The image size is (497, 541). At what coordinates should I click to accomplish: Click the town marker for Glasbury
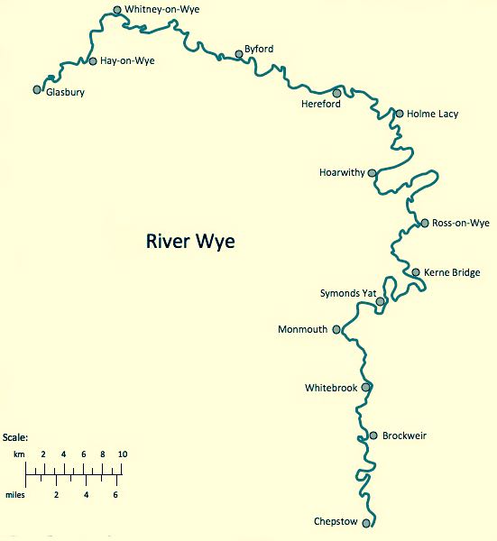tap(37, 89)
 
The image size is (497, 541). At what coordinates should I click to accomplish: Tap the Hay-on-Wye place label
tap(127, 62)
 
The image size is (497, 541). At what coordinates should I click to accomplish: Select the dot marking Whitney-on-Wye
tap(117, 11)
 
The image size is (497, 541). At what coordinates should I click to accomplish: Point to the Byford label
tap(259, 49)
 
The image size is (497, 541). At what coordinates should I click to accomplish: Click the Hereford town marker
tap(336, 93)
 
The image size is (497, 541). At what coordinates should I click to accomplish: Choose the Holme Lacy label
tap(433, 114)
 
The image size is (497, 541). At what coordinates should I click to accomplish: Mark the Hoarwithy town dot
tap(372, 172)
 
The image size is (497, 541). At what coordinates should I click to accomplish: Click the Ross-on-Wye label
tap(461, 223)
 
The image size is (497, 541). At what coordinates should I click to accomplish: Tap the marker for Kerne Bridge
tap(416, 271)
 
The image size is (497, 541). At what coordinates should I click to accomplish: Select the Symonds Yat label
tap(346, 293)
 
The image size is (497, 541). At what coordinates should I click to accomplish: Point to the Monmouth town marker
tap(336, 329)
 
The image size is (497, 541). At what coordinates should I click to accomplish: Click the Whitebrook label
tap(332, 388)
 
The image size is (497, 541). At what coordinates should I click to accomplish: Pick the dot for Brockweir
tap(373, 436)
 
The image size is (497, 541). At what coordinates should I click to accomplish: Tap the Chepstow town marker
tap(366, 523)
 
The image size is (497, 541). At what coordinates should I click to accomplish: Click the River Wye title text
tap(190, 243)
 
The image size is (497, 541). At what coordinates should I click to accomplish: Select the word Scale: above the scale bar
tap(15, 437)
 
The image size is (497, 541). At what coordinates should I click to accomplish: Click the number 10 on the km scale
tap(123, 454)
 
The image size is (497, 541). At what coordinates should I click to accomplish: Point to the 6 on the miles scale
tap(115, 494)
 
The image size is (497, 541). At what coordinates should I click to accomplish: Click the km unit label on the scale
tap(19, 454)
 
